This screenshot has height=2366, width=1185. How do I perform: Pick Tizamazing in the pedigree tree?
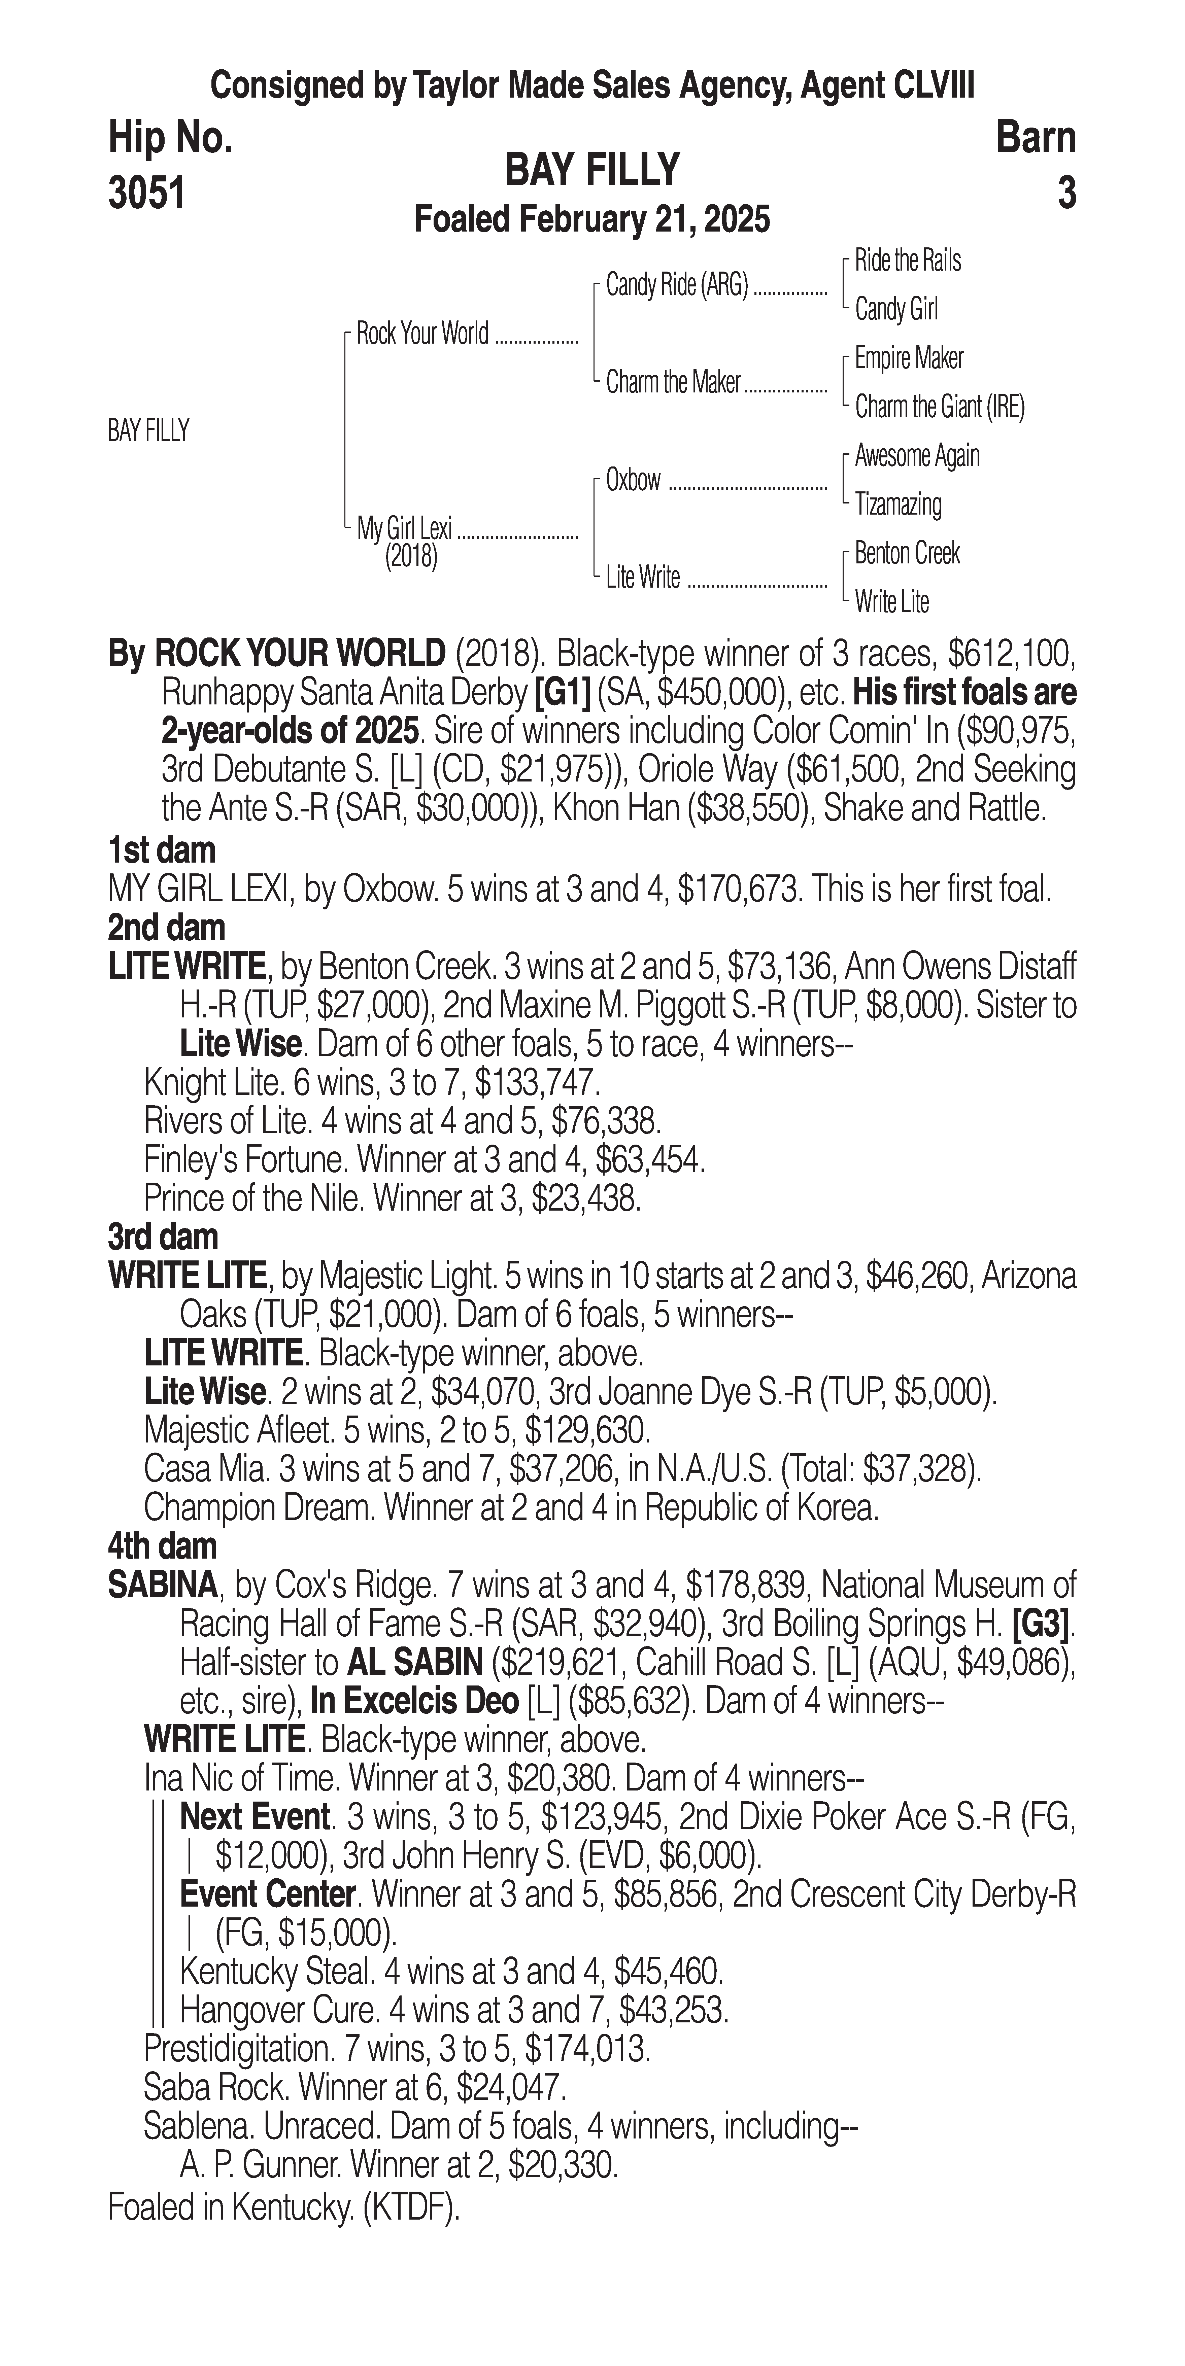click(x=898, y=504)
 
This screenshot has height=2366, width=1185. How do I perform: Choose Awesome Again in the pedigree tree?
click(x=917, y=456)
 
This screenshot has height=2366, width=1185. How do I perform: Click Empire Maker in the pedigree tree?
click(x=909, y=358)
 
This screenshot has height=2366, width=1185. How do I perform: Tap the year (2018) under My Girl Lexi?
click(x=411, y=557)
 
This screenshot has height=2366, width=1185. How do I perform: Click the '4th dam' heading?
click(x=163, y=1547)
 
